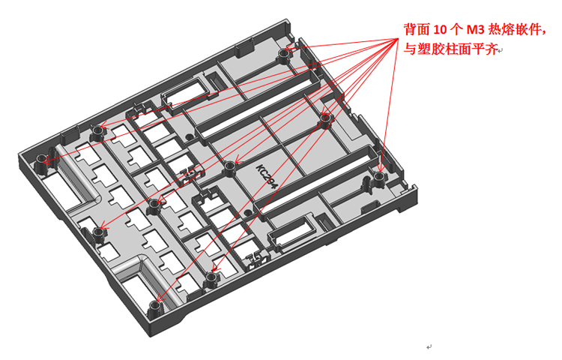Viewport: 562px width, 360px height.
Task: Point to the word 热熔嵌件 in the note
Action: point(514,30)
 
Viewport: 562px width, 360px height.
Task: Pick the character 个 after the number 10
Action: point(457,30)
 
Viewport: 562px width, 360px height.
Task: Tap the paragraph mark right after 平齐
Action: point(501,52)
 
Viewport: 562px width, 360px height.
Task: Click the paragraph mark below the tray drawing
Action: point(429,347)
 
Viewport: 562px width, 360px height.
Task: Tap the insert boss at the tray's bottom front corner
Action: point(154,307)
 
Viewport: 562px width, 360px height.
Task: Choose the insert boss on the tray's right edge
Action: point(378,178)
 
